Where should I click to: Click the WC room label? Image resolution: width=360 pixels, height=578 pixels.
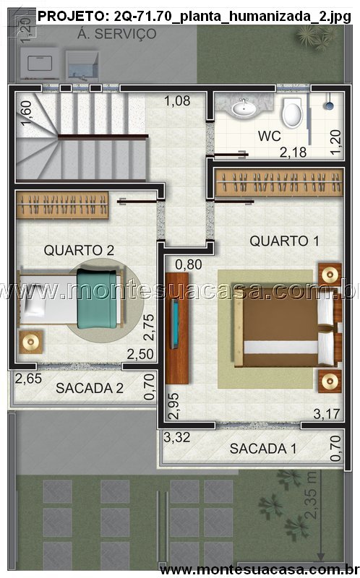[269, 136]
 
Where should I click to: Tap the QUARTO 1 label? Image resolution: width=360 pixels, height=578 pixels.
[284, 241]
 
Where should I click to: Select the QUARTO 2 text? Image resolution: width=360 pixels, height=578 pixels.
[79, 250]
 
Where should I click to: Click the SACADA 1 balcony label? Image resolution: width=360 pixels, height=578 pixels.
[263, 449]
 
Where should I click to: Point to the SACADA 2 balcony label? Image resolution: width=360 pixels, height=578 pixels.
[90, 388]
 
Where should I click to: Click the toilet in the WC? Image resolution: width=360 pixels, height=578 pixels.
[292, 112]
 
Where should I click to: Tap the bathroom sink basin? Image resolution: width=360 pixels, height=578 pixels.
[243, 108]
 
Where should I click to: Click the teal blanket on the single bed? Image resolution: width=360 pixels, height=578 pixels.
[97, 298]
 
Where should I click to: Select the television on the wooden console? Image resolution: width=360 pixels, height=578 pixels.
[175, 324]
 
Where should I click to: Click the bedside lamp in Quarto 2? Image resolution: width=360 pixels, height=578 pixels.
[31, 342]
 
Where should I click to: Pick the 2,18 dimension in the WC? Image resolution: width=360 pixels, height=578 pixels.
[293, 152]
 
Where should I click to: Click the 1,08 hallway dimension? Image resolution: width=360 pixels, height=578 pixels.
[177, 100]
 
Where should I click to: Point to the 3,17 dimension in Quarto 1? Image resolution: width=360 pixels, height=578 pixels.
[327, 413]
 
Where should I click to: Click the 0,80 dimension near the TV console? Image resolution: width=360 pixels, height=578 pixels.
[189, 264]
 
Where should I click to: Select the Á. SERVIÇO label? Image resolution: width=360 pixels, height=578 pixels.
[117, 34]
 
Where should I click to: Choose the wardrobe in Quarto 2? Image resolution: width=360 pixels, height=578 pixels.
[62, 205]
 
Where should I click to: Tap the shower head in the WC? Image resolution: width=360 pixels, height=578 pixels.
[329, 105]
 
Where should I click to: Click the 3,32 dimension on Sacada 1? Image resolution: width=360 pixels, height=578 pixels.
[177, 438]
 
